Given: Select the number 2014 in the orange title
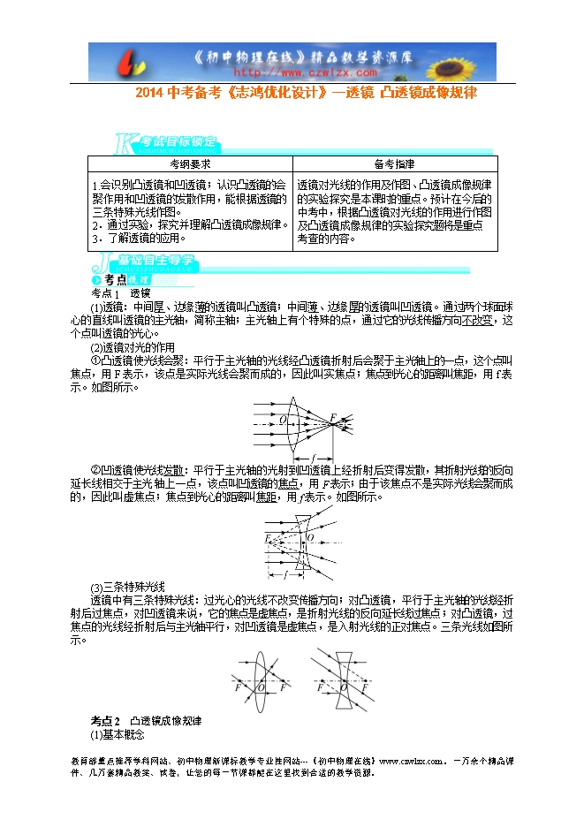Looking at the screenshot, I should pyautogui.click(x=151, y=92).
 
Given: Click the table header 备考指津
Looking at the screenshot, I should pyautogui.click(x=394, y=164).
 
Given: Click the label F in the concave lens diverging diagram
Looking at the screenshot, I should pyautogui.click(x=267, y=537).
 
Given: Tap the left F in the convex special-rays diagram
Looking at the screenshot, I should pyautogui.click(x=238, y=686).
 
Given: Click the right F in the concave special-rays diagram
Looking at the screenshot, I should pyautogui.click(x=370, y=686).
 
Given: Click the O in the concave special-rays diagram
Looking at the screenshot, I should pyautogui.click(x=343, y=686).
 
